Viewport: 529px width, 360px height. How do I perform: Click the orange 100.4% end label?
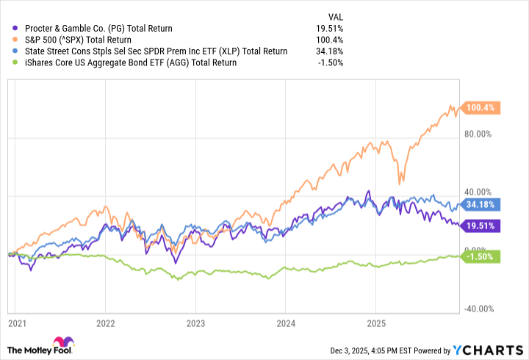[481, 108]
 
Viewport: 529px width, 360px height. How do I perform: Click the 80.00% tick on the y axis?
[481, 134]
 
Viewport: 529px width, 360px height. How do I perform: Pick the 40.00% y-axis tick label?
[481, 192]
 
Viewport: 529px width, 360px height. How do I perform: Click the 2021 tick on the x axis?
[16, 323]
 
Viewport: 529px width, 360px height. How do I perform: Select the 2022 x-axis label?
[106, 323]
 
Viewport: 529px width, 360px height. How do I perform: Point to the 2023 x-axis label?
[195, 323]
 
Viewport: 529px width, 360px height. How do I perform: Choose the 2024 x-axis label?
[285, 323]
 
